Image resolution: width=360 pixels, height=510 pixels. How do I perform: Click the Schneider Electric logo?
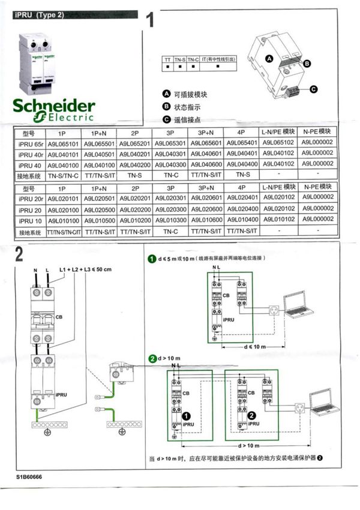click(x=53, y=107)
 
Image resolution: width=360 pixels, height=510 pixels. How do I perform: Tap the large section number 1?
click(x=154, y=22)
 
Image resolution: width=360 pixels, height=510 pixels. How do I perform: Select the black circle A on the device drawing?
click(x=269, y=58)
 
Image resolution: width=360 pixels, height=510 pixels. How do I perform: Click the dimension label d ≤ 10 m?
click(x=256, y=347)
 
